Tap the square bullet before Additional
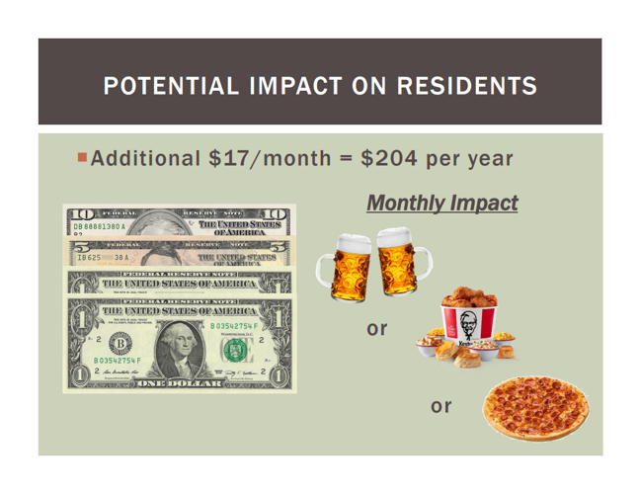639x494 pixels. [x=81, y=158]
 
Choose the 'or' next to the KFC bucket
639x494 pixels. [x=376, y=328]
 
